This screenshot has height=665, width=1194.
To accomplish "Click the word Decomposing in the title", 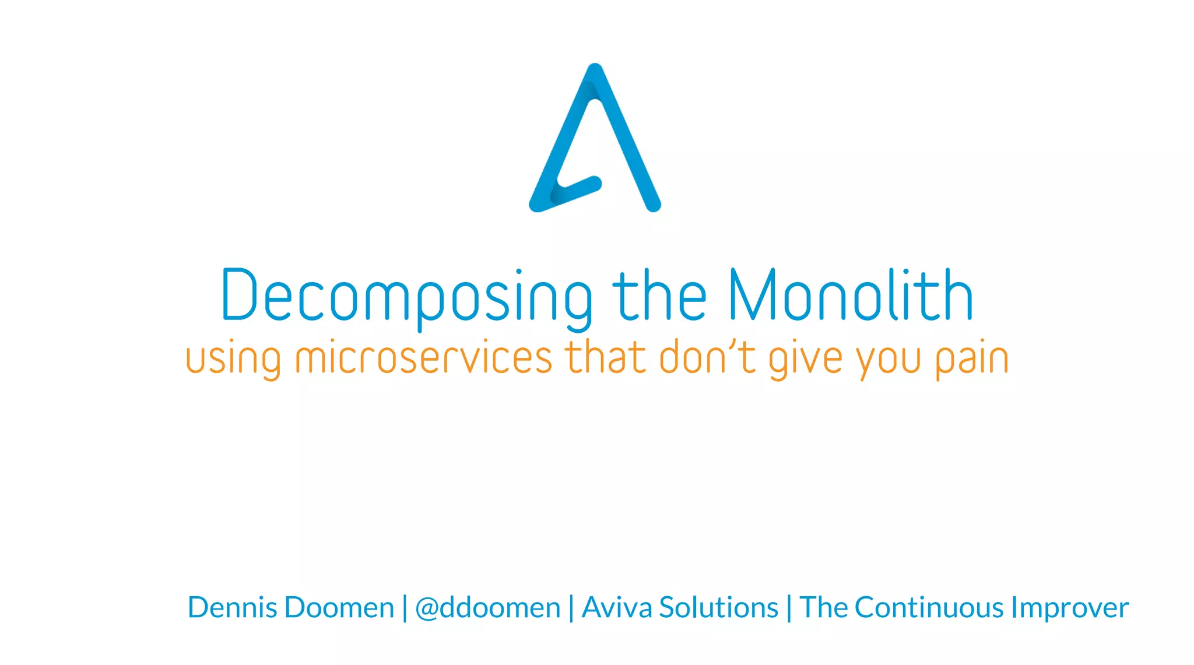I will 406,296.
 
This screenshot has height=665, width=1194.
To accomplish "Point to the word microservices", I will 424,357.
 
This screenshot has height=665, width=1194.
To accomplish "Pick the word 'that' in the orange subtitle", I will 605,357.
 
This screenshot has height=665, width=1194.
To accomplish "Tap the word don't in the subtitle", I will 707,357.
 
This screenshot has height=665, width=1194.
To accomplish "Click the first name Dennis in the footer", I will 232,607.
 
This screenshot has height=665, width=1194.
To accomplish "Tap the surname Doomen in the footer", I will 339,607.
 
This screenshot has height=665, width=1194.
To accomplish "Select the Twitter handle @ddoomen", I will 487,608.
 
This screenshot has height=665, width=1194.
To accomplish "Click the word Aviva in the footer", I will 617,607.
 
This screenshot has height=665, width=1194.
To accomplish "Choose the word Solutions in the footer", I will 718,607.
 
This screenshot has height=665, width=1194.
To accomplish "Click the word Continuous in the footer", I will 929,607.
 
